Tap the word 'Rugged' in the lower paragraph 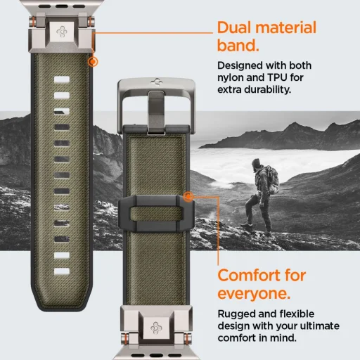coord(237,315)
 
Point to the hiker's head coord(258,167)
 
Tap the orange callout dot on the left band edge coord(92,61)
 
